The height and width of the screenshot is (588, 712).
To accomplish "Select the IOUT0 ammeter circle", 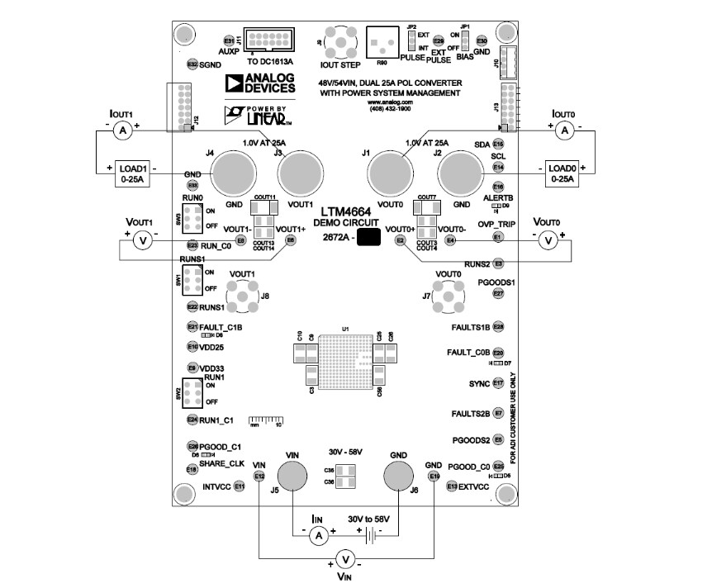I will pos(565,130).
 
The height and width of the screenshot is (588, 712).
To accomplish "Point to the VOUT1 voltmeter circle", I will pos(142,240).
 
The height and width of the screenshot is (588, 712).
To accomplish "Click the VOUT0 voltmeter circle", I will pos(547,240).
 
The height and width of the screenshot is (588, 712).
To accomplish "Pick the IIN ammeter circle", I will pos(319,536).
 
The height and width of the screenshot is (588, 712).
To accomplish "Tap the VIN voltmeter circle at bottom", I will pos(348,562).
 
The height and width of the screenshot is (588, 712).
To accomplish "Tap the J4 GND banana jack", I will pos(235,175).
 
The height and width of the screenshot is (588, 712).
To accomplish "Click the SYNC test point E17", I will pos(498,383).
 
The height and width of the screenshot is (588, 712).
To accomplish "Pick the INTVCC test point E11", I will pos(240,486).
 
